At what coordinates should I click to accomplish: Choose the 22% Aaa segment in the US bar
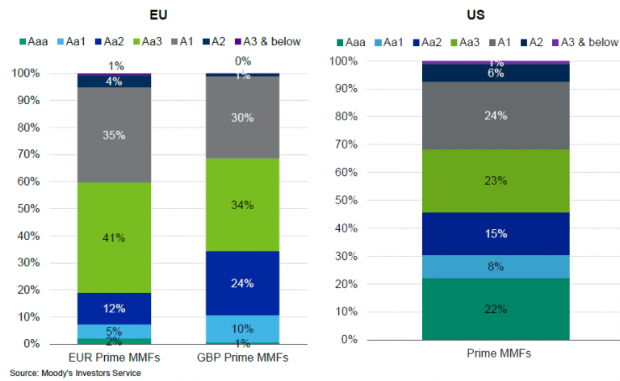click(x=496, y=308)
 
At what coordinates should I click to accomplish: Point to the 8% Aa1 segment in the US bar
click(x=496, y=266)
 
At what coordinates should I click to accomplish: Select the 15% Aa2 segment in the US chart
click(x=496, y=234)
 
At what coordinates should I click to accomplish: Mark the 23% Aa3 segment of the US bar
click(x=496, y=181)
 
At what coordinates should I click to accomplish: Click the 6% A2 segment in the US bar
click(x=496, y=73)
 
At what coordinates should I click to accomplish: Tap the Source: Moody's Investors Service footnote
click(x=76, y=373)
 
